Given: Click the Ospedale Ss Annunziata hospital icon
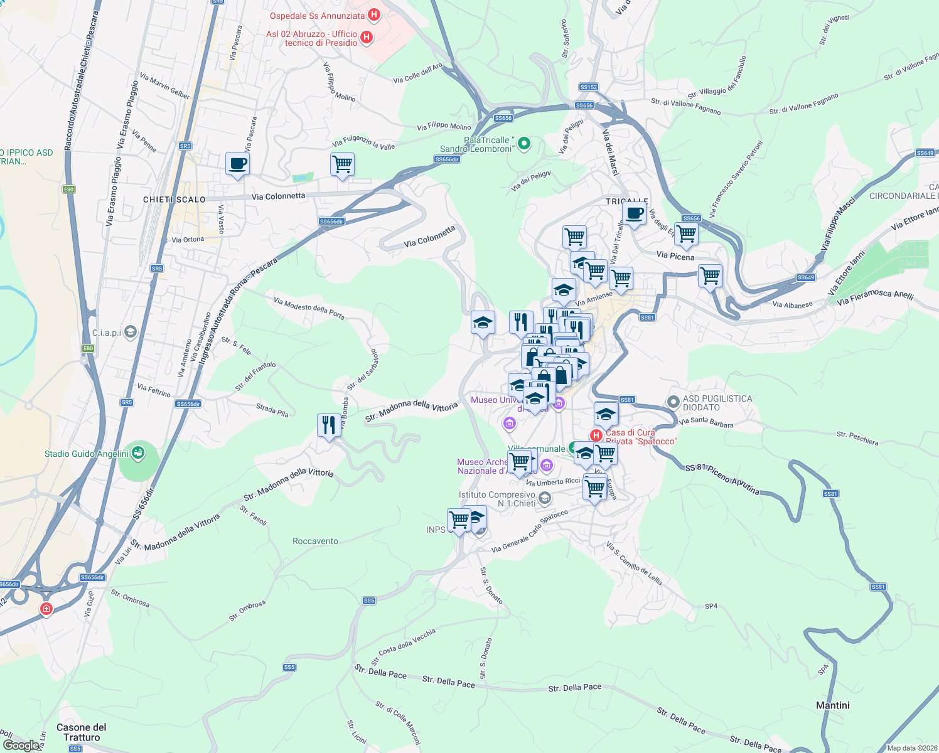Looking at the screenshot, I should pyautogui.click(x=374, y=14).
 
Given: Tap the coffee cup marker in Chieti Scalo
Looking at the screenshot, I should pyautogui.click(x=237, y=164).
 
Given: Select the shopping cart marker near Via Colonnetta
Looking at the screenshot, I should pyautogui.click(x=342, y=164).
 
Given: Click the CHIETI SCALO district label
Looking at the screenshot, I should pyautogui.click(x=174, y=200).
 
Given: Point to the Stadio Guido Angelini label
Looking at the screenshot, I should pyautogui.click(x=87, y=454).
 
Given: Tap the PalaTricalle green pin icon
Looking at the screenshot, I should pyautogui.click(x=523, y=144).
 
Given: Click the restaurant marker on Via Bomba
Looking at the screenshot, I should pyautogui.click(x=329, y=425).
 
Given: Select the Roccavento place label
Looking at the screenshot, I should pyautogui.click(x=315, y=541).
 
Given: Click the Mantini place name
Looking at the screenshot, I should pyautogui.click(x=833, y=705).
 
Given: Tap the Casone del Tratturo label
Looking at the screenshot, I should pyautogui.click(x=82, y=732).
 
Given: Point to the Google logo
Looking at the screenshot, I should pyautogui.click(x=21, y=745).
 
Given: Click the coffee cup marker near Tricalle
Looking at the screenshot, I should pyautogui.click(x=634, y=214).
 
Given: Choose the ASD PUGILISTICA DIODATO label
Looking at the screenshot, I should pyautogui.click(x=717, y=403).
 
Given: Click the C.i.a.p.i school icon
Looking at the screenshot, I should pyautogui.click(x=131, y=332).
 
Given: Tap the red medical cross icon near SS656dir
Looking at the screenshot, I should pyautogui.click(x=46, y=609).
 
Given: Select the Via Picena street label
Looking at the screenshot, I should pyautogui.click(x=675, y=256).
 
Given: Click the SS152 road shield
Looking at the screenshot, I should pyautogui.click(x=588, y=87).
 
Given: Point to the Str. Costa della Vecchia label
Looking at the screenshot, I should pyautogui.click(x=404, y=646).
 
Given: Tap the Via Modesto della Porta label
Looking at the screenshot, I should pyautogui.click(x=309, y=308).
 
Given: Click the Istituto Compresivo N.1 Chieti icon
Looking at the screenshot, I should pyautogui.click(x=544, y=499).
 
